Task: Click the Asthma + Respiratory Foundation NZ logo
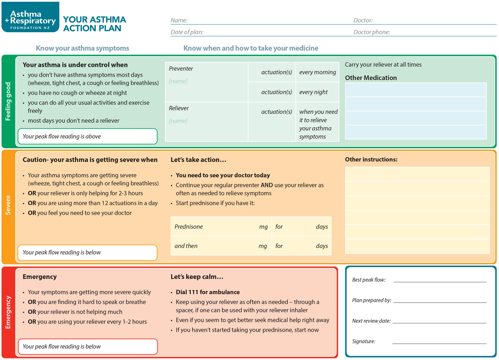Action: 30,17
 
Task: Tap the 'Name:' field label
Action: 179,20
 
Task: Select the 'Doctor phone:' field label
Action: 372,32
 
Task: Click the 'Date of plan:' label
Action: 187,32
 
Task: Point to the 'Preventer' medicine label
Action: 181,69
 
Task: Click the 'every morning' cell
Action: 317,72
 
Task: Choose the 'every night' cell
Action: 313,92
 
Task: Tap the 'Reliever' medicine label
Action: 179,108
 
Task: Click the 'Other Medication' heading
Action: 371,78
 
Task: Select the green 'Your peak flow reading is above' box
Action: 88,136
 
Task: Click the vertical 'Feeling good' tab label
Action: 8,101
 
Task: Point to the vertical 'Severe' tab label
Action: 8,205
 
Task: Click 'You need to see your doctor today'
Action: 223,175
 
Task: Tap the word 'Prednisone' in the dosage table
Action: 189,227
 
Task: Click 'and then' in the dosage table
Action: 186,246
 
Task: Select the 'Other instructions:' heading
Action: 371,159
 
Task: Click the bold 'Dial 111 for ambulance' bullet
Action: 208,292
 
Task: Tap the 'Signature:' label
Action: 364,342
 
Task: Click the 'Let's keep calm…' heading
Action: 197,277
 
